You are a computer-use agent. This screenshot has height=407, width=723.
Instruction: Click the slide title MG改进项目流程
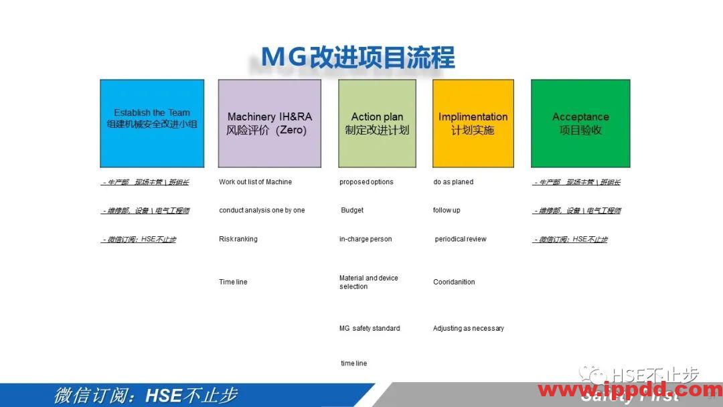(357, 57)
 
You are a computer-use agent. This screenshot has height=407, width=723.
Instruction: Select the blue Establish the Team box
(152, 123)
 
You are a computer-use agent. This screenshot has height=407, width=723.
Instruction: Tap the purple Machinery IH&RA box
(269, 123)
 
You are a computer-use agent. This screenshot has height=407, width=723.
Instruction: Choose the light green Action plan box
(377, 123)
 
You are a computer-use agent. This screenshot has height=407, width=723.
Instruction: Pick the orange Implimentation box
(473, 123)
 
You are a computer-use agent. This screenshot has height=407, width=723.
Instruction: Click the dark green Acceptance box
(580, 123)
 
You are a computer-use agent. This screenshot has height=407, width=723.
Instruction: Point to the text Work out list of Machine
(255, 182)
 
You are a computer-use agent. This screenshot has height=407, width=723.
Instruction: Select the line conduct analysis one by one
(262, 210)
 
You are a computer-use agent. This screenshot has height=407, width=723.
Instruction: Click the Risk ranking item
(238, 239)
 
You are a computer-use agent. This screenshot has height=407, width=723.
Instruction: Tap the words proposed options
(366, 182)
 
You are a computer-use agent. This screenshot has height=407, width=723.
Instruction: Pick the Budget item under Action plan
(352, 210)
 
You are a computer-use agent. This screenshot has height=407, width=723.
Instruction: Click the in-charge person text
(366, 239)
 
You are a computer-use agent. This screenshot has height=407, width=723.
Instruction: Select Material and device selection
(368, 282)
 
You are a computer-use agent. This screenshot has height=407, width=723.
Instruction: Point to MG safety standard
(370, 328)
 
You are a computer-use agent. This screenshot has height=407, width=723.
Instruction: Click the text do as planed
(453, 182)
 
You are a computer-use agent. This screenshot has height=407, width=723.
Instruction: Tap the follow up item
(447, 210)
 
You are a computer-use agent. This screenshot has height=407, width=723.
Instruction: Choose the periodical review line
(461, 239)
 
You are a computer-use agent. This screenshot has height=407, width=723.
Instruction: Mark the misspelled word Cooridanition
(454, 282)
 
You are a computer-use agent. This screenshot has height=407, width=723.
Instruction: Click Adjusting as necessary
(469, 328)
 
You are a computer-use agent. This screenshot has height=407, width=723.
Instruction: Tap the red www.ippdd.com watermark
(629, 390)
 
